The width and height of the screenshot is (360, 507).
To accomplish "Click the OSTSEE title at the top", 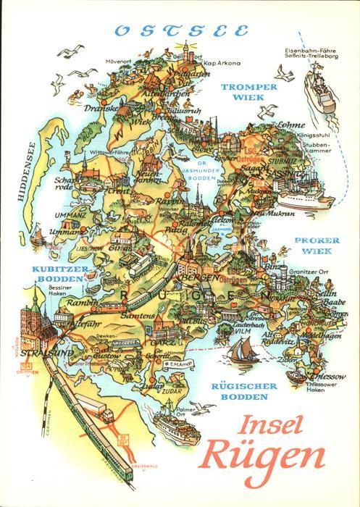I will pyautogui.click(x=181, y=31).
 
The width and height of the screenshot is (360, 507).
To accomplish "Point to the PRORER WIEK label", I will pyautogui.click(x=313, y=245).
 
